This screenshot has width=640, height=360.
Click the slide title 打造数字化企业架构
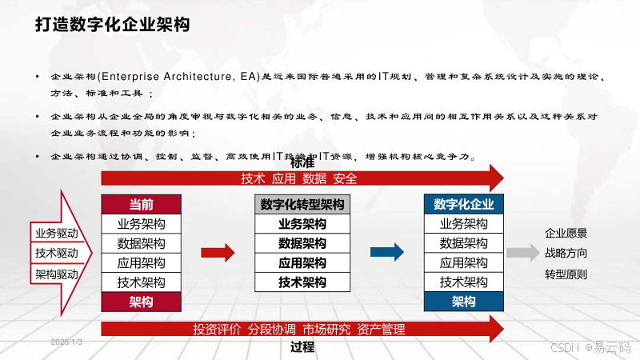tap(112, 25)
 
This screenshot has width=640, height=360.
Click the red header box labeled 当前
tap(142, 204)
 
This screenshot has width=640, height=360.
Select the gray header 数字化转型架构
tap(302, 204)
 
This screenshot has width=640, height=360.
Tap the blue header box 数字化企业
tap(463, 204)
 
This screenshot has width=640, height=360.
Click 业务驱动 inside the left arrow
tap(57, 234)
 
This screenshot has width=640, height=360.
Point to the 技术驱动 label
tap(57, 254)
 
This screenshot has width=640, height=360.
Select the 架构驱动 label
tap(57, 274)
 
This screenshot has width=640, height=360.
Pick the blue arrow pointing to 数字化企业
tap(386, 253)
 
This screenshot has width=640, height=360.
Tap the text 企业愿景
tap(566, 234)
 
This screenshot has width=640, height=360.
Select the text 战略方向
tap(566, 254)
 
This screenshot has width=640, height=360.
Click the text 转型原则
tap(566, 274)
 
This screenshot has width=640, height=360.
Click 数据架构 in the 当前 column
tap(142, 243)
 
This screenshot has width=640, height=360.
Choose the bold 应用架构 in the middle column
tap(302, 262)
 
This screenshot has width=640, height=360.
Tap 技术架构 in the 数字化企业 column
tap(463, 282)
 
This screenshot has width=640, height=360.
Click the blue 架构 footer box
tap(463, 302)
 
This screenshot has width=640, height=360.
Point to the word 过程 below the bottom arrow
tap(302, 347)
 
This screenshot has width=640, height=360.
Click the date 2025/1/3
tap(67, 342)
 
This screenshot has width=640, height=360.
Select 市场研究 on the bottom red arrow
tap(326, 329)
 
